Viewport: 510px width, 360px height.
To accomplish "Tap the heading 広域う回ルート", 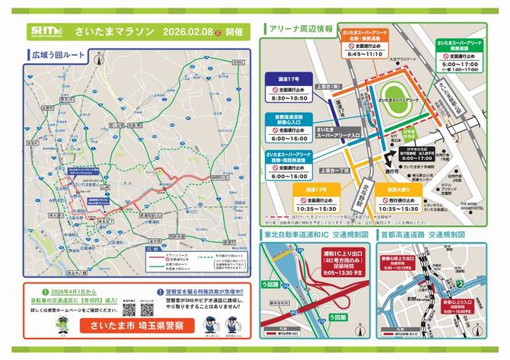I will [60, 56].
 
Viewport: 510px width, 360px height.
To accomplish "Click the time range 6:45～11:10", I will [364, 55].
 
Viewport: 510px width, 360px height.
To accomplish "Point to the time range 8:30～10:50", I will [288, 98].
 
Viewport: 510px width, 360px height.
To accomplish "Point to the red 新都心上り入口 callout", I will [477, 307].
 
